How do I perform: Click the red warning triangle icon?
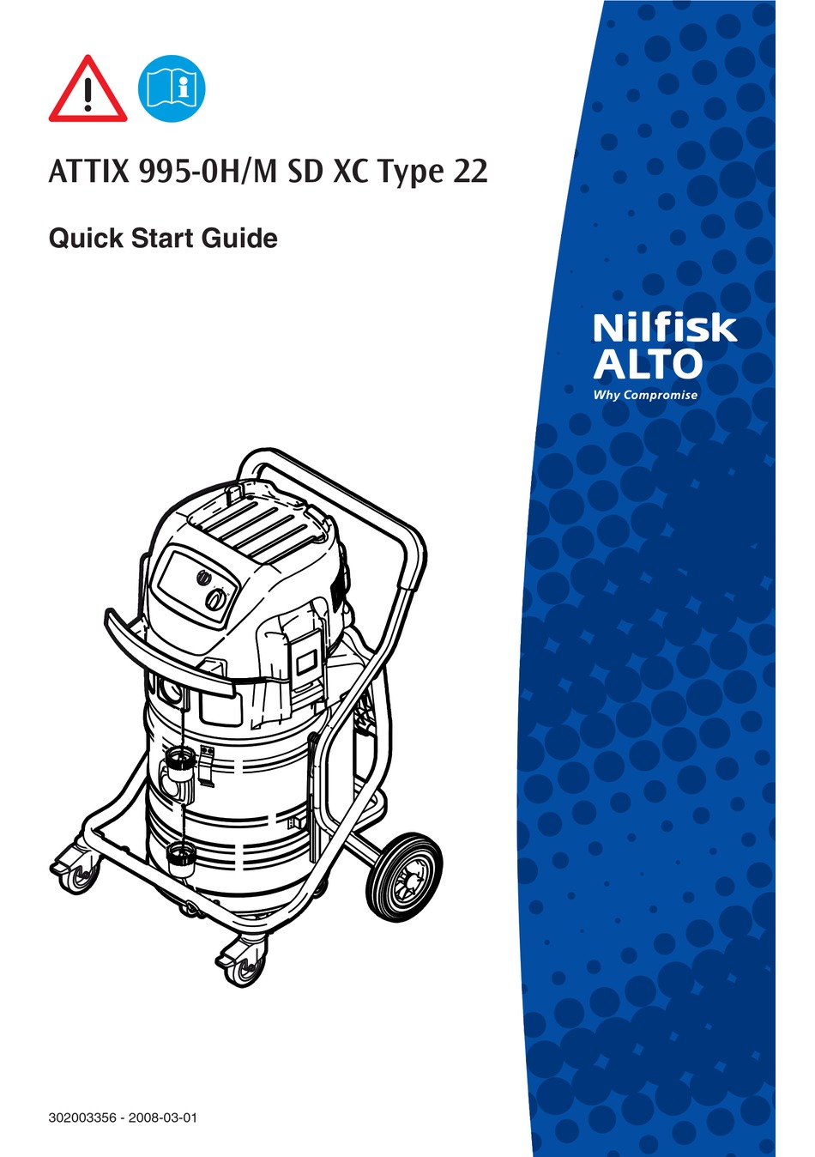coord(88,90)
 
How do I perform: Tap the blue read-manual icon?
coord(172,88)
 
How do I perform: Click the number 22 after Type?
coord(469,172)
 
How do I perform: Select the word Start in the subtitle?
coord(163,238)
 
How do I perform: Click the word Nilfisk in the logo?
coord(664,327)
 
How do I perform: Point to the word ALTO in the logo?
coord(648,364)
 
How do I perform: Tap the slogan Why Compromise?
coord(645,396)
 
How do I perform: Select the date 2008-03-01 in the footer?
coord(162,1118)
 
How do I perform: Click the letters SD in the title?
coord(305,172)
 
